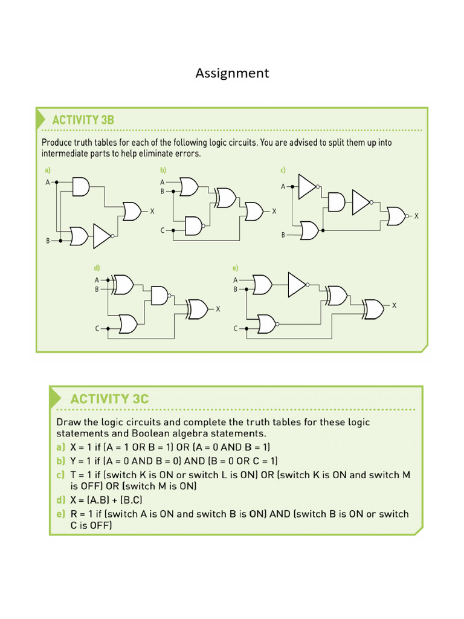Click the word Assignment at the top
[x=232, y=73]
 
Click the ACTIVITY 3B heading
[x=83, y=120]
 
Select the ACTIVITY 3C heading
[x=109, y=399]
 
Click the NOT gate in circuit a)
[x=101, y=236]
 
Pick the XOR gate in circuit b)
[x=227, y=197]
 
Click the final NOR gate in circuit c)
[x=396, y=215]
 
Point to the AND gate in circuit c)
[x=336, y=203]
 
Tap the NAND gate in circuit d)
[x=159, y=296]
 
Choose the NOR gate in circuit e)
[x=266, y=324]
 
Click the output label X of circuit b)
[x=274, y=211]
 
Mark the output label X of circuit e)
[x=394, y=306]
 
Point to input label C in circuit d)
[x=97, y=328]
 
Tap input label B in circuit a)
[x=48, y=241]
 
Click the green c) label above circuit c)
[x=282, y=170]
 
